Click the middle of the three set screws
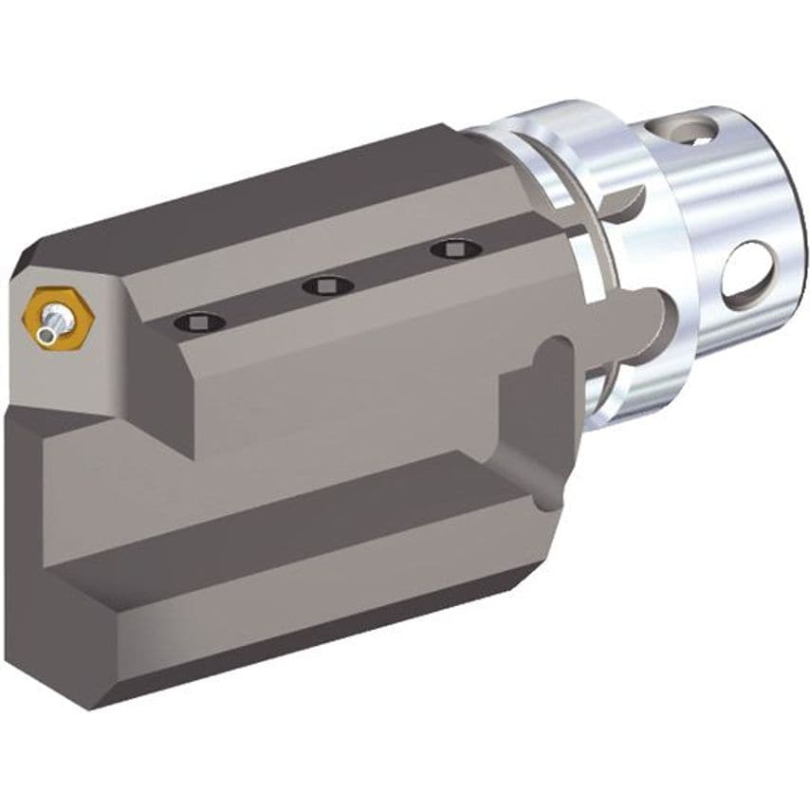tap(327, 285)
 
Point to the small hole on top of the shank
tap(698, 131)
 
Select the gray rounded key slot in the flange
tap(645, 313)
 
